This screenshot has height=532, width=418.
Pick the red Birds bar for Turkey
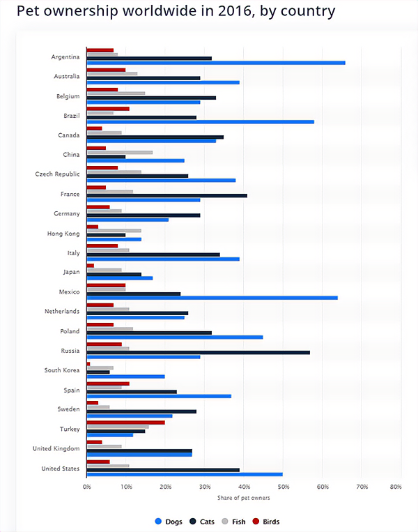126,423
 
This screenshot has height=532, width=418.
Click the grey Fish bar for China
119,152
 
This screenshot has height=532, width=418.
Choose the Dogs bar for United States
185,474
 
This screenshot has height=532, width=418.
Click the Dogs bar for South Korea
126,377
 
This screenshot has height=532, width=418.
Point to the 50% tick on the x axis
283,487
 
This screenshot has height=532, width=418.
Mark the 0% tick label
87,487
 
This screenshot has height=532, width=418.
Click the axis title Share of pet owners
243,497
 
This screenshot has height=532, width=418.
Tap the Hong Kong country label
63,234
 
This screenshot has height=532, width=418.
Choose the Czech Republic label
57,174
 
